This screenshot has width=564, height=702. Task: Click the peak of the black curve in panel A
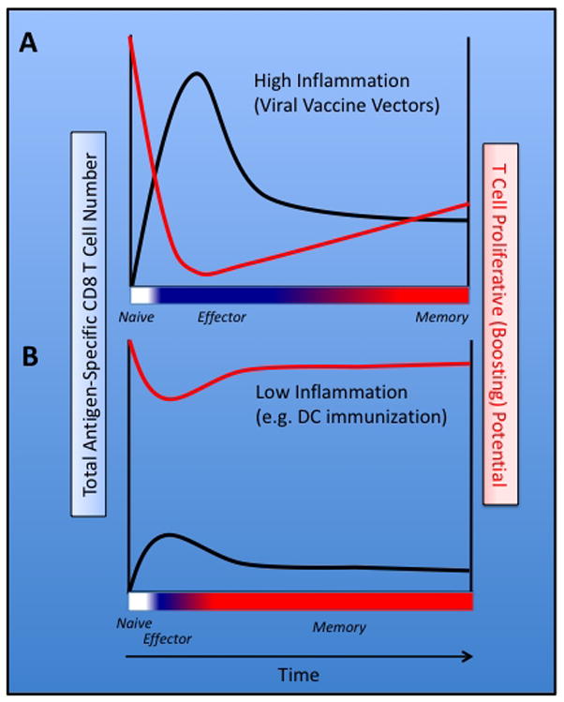click(197, 73)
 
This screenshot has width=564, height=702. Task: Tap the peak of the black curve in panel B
click(169, 535)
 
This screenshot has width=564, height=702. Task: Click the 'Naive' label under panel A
click(136, 317)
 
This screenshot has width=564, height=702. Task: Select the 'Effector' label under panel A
click(221, 317)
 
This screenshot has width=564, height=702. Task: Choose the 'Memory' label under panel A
click(441, 317)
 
